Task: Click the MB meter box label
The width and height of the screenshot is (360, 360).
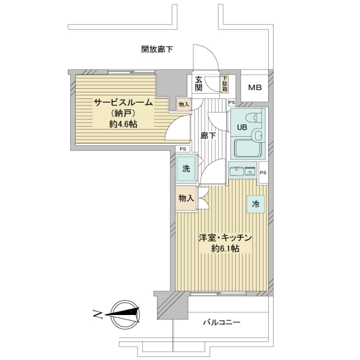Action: pyautogui.click(x=255, y=88)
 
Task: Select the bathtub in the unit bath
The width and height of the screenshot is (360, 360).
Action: pyautogui.click(x=248, y=149)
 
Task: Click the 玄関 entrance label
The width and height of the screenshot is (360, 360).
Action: pyautogui.click(x=199, y=84)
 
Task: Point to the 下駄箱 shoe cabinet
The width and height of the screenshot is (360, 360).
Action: pyautogui.click(x=224, y=84)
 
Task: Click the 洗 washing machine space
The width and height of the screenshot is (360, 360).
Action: pyautogui.click(x=186, y=169)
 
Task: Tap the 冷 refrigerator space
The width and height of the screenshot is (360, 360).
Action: pyautogui.click(x=256, y=204)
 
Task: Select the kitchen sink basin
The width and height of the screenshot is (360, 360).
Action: pyautogui.click(x=237, y=172)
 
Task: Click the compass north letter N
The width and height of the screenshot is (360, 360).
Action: pyautogui.click(x=97, y=314)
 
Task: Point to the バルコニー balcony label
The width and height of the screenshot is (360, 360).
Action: pyautogui.click(x=221, y=323)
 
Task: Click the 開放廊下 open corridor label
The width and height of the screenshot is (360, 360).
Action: pyautogui.click(x=157, y=49)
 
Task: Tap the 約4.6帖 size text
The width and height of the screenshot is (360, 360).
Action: pyautogui.click(x=123, y=124)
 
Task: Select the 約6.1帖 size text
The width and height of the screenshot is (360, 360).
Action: pyautogui.click(x=225, y=248)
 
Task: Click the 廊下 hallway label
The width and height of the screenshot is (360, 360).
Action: pyautogui.click(x=208, y=136)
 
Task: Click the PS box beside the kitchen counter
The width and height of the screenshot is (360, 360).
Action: pyautogui.click(x=263, y=172)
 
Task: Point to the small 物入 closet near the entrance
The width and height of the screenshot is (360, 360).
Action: pyautogui.click(x=184, y=104)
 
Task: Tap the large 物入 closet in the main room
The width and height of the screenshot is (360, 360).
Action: pyautogui.click(x=186, y=198)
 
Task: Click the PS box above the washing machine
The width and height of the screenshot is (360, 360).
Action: pyautogui.click(x=183, y=149)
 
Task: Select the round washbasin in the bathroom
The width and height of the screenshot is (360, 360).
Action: pyautogui.click(x=257, y=136)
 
